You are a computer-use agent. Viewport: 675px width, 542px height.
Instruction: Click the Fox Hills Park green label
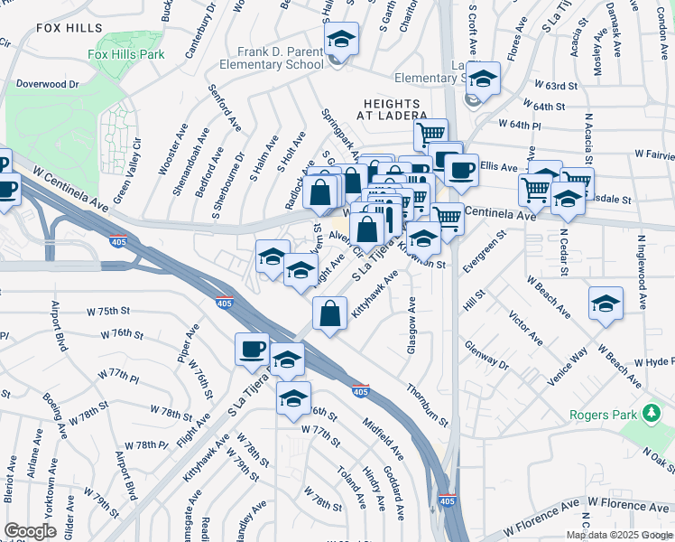(x=126, y=54)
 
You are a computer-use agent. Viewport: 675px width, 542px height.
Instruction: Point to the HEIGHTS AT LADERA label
(x=394, y=108)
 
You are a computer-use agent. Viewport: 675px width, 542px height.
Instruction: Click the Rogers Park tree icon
(x=651, y=413)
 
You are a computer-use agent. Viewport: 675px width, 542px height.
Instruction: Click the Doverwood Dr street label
(x=48, y=84)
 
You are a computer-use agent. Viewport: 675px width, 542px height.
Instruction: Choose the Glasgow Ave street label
(x=411, y=325)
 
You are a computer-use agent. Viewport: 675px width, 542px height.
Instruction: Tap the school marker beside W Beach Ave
(x=606, y=304)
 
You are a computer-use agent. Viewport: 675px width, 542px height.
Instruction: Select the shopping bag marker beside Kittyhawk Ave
(x=330, y=313)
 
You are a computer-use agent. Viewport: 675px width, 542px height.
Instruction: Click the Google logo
(x=30, y=531)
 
